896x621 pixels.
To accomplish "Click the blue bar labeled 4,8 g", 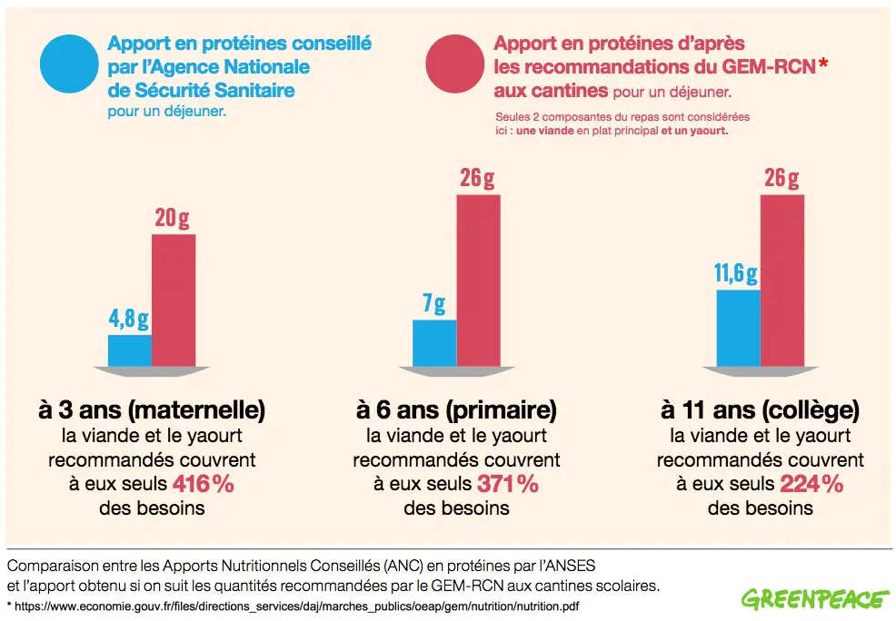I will pyautogui.click(x=130, y=350).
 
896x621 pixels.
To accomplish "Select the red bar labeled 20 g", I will pyautogui.click(x=174, y=299).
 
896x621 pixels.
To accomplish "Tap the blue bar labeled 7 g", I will pyautogui.click(x=434, y=341).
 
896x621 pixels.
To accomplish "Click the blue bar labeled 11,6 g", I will pyautogui.click(x=738, y=327).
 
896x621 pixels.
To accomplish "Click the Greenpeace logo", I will pyautogui.click(x=815, y=599).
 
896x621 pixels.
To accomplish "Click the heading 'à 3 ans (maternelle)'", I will pyautogui.click(x=152, y=409).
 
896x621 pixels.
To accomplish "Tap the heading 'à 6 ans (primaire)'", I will pyautogui.click(x=456, y=409).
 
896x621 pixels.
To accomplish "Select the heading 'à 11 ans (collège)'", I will pyautogui.click(x=760, y=409).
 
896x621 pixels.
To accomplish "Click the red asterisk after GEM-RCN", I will pyautogui.click(x=823, y=64).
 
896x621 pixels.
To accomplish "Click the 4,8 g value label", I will pyautogui.click(x=130, y=319).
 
